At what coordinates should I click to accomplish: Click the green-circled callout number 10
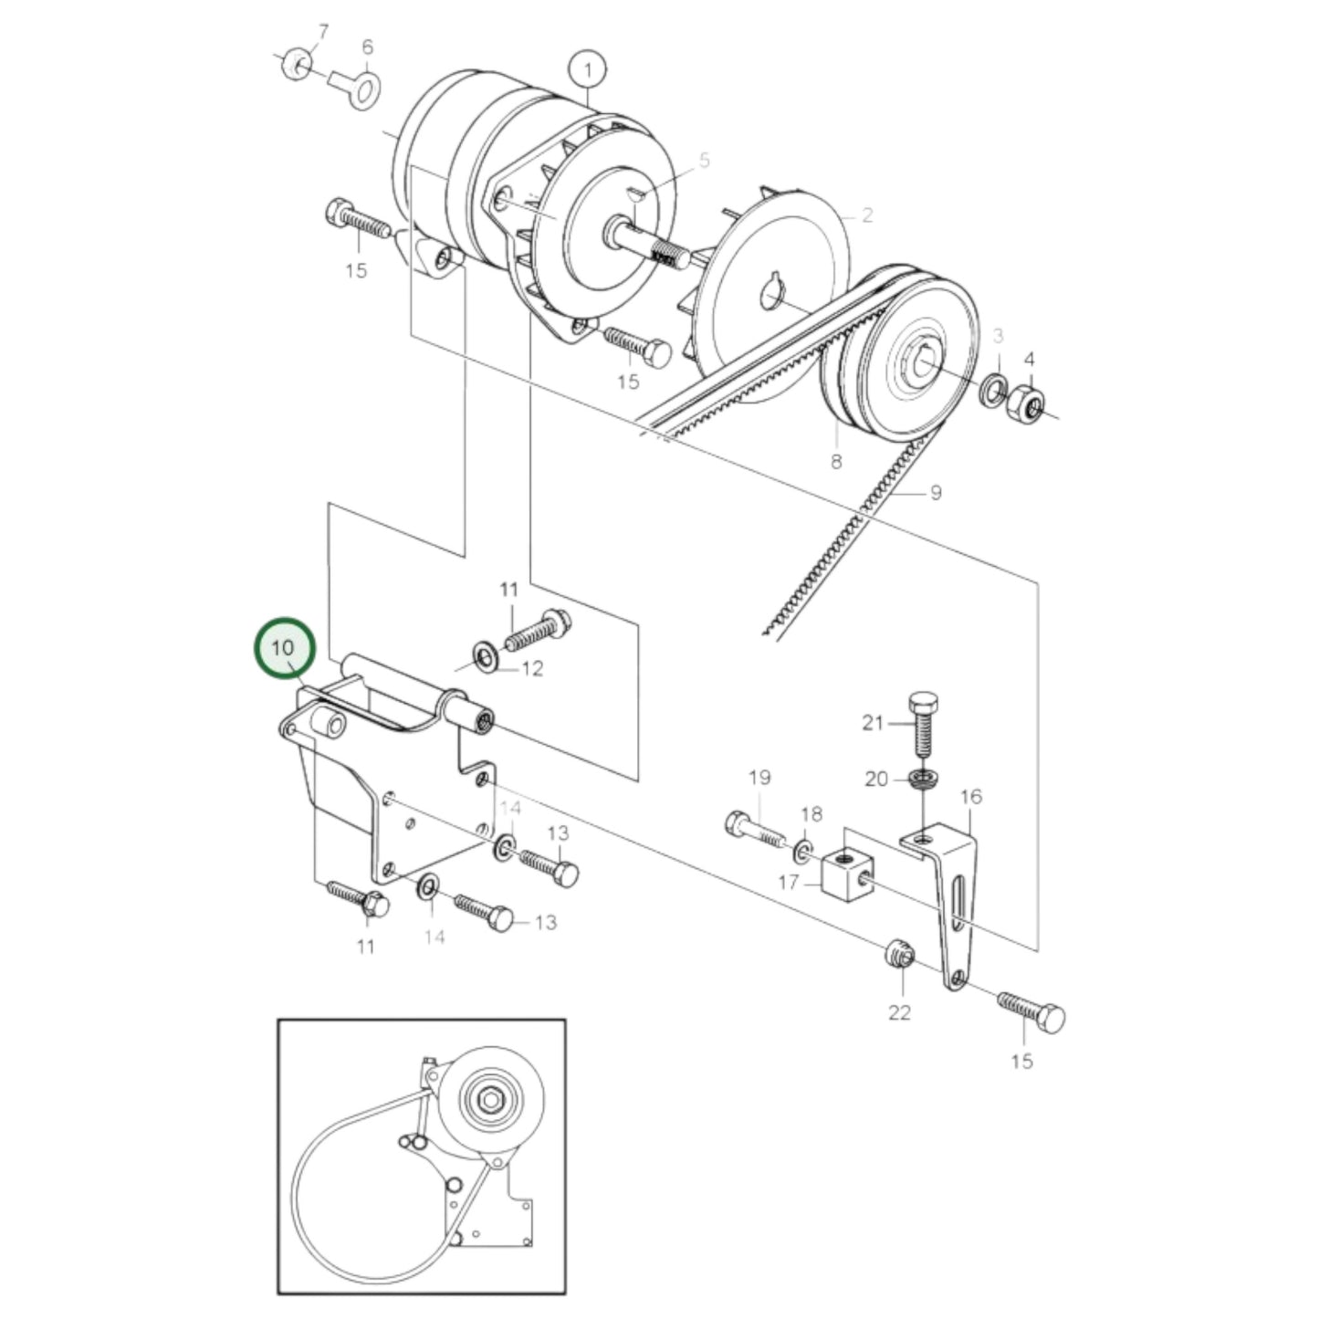click(284, 647)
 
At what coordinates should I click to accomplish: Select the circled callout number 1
click(589, 69)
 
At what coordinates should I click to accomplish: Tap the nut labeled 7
click(295, 64)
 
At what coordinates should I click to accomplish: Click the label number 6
click(368, 47)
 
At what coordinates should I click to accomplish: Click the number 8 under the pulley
click(836, 462)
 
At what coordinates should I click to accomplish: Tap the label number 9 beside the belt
click(935, 493)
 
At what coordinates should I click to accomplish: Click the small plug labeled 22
click(900, 956)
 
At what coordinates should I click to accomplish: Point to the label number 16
click(971, 796)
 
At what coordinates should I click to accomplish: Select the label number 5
click(704, 161)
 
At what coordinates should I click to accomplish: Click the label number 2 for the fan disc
click(867, 215)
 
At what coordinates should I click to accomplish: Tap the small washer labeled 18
click(803, 851)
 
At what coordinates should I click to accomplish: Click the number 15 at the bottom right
click(1021, 1061)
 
